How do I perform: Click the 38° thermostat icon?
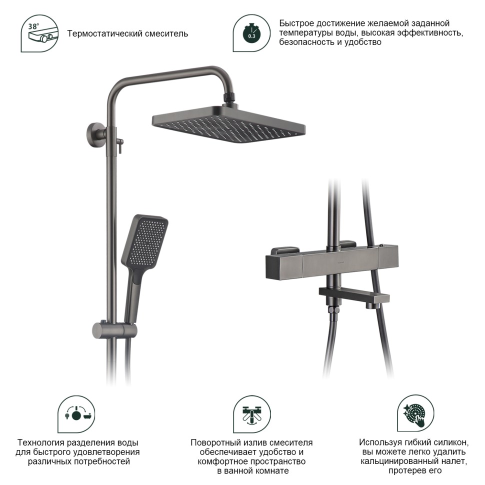(x=39, y=33)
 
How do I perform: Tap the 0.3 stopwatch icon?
(x=251, y=33)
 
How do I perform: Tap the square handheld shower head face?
(x=145, y=241)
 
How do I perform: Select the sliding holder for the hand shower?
(x=114, y=330)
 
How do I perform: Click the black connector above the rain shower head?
(x=229, y=97)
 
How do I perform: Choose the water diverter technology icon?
(x=76, y=414)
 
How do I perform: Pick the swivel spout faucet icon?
(x=252, y=414)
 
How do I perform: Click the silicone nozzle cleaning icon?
(x=415, y=413)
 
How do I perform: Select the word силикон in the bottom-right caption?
(x=450, y=442)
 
